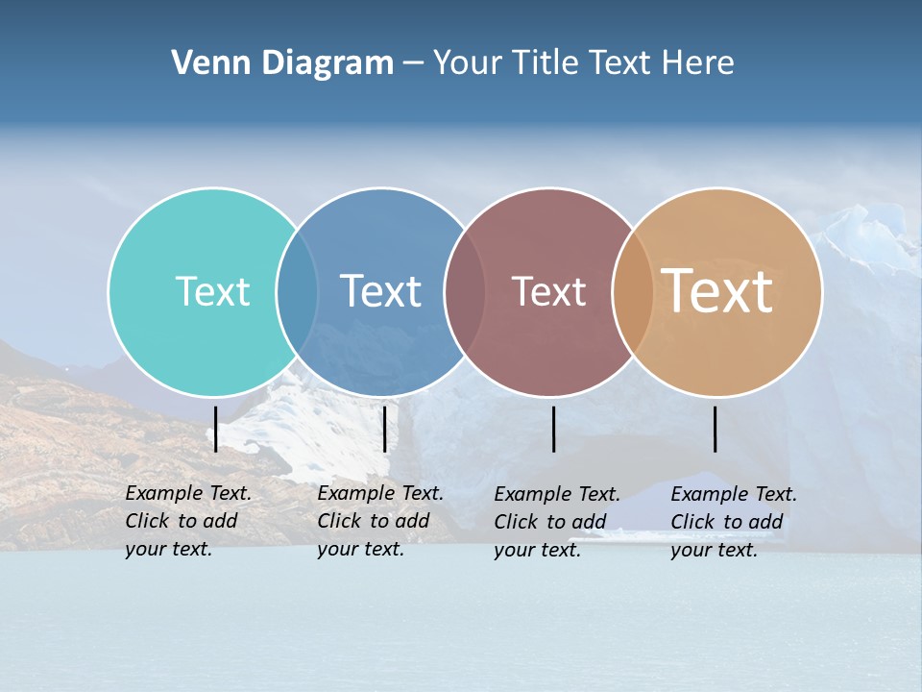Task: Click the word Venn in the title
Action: [204, 63]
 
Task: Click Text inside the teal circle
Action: [212, 291]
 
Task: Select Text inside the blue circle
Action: [381, 291]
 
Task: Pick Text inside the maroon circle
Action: [548, 292]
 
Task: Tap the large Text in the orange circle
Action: [717, 290]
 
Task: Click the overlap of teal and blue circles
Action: [297, 292]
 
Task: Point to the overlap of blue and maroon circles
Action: [465, 292]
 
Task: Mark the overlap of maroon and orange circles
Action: [633, 292]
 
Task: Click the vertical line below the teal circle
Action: [216, 429]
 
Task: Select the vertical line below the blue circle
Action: [384, 429]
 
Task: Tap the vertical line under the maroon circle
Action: [553, 429]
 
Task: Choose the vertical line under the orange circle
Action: [716, 429]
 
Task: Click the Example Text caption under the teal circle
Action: [187, 521]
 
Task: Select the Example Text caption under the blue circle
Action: [379, 521]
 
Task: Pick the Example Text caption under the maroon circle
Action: [556, 522]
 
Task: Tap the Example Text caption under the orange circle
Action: [733, 522]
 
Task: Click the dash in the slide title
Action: [413, 64]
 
